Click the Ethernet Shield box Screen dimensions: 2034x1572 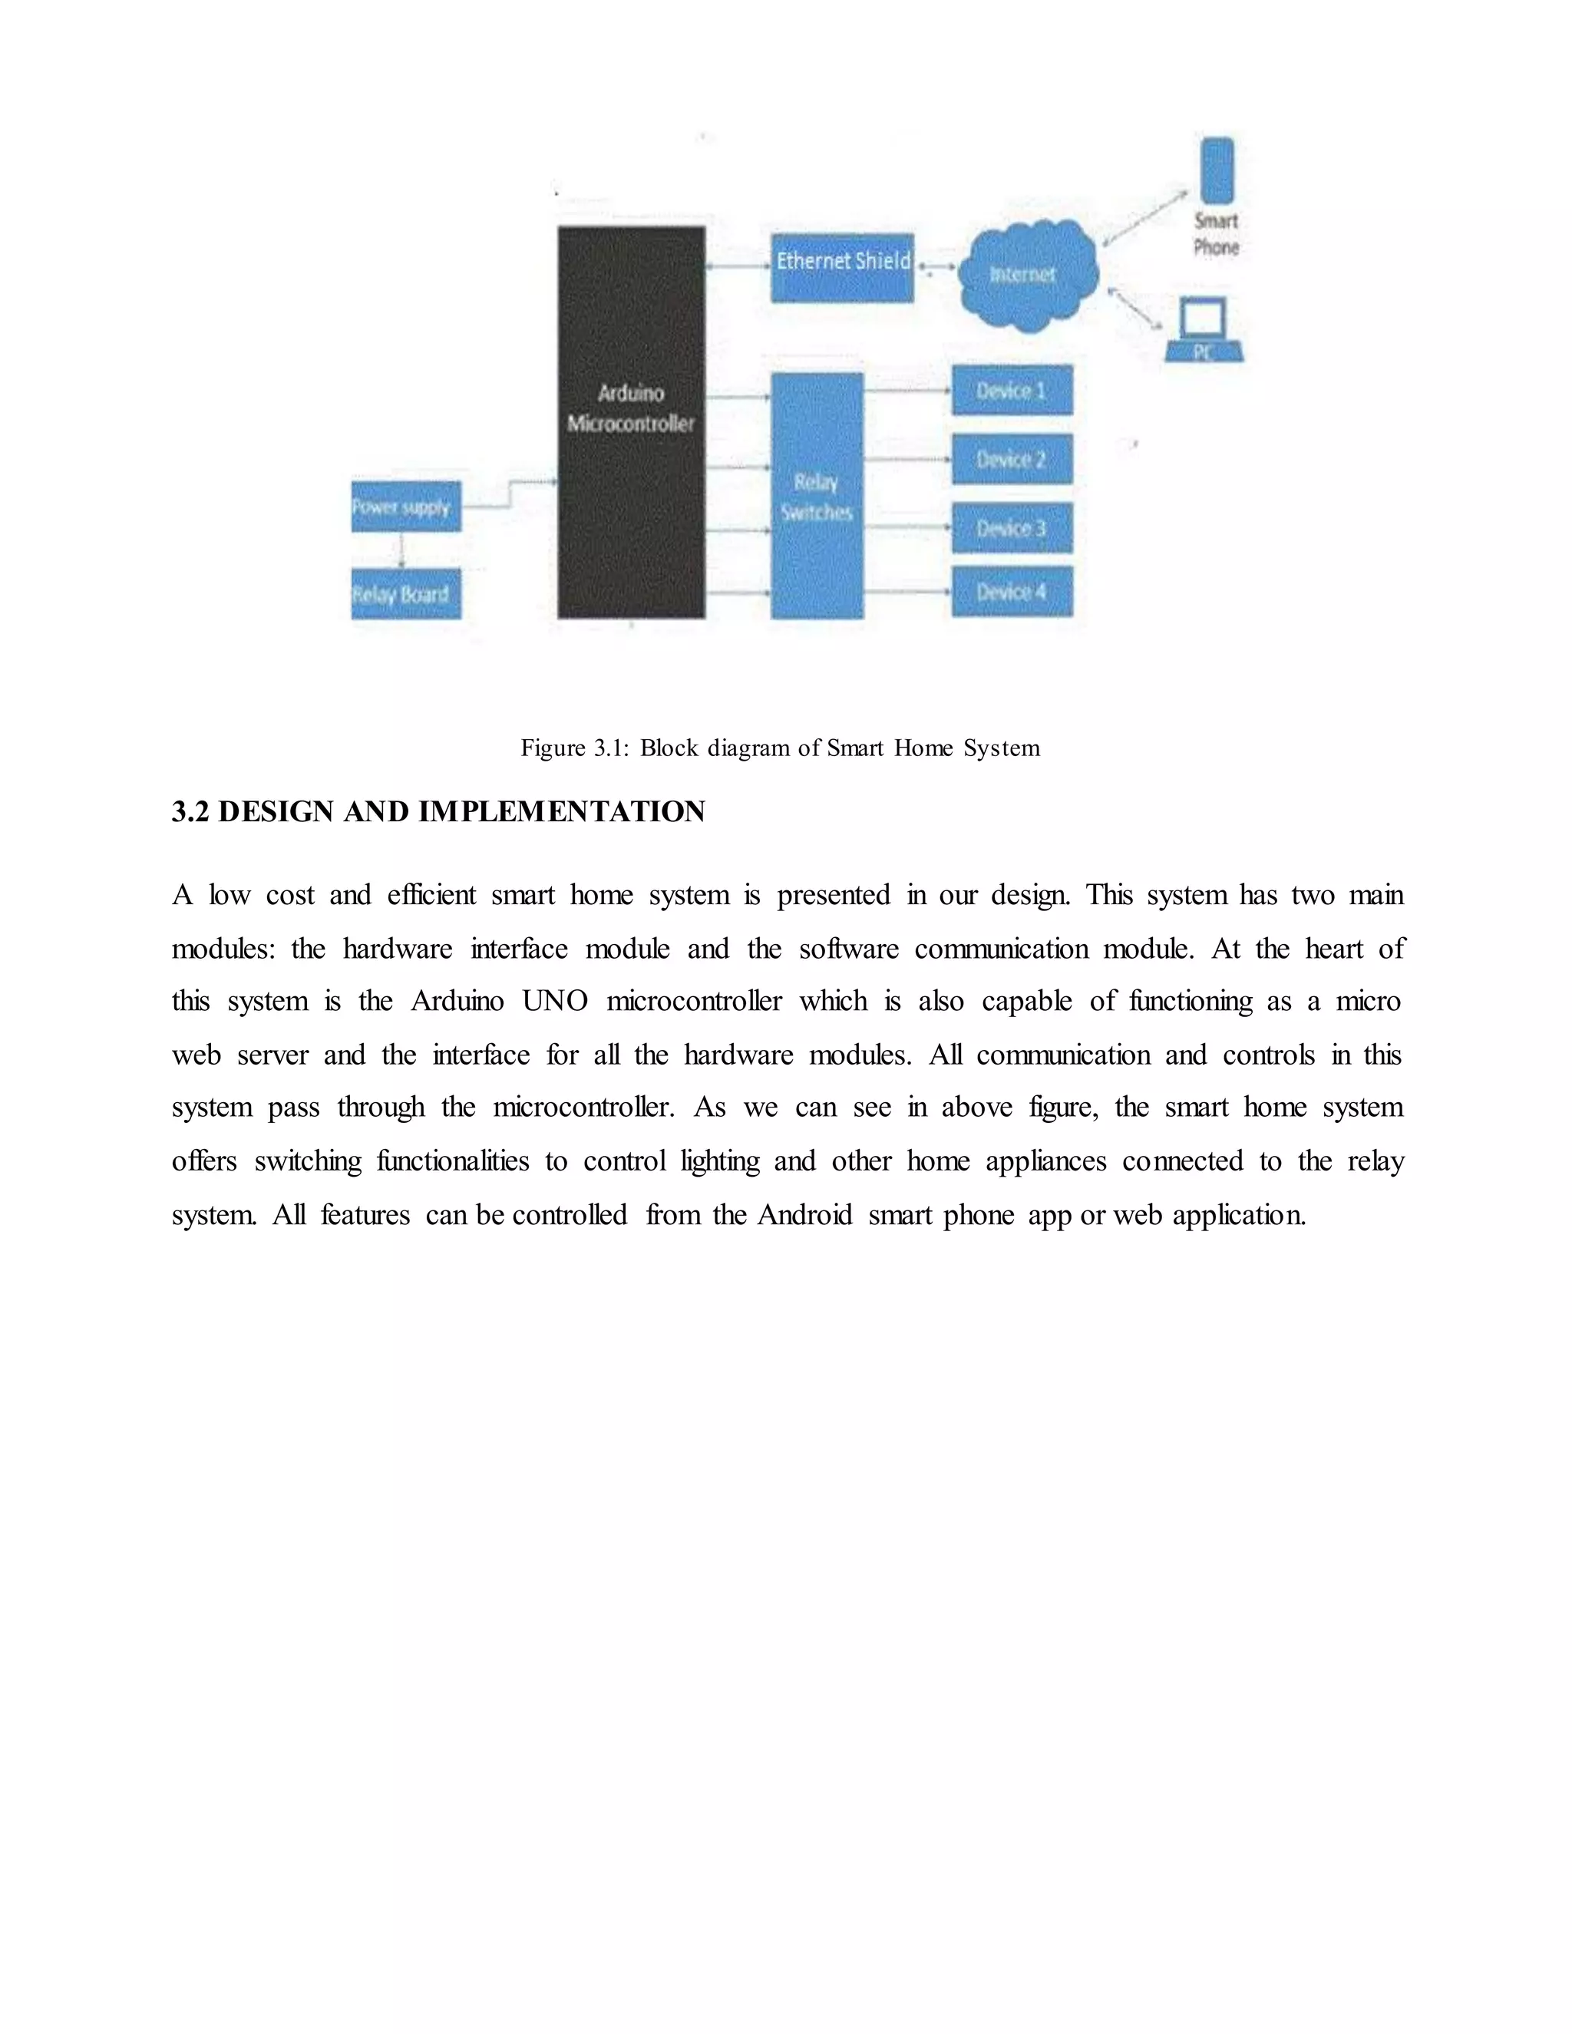click(842, 267)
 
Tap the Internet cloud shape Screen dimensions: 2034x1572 click(1027, 275)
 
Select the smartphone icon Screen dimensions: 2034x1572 click(1217, 170)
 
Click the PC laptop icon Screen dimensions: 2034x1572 click(1204, 331)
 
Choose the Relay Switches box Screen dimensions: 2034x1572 click(817, 496)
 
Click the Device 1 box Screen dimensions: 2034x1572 click(1012, 390)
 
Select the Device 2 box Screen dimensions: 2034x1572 click(1012, 459)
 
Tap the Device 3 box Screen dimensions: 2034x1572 click(1012, 528)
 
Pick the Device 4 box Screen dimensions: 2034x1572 click(1012, 591)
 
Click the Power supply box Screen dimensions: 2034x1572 click(406, 507)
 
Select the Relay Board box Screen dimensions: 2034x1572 click(406, 594)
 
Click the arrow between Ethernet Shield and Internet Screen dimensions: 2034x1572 click(936, 267)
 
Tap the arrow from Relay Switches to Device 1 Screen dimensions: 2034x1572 click(907, 390)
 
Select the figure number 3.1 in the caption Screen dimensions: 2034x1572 click(612, 748)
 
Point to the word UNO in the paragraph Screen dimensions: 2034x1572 click(555, 1001)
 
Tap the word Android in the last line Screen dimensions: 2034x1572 click(804, 1215)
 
